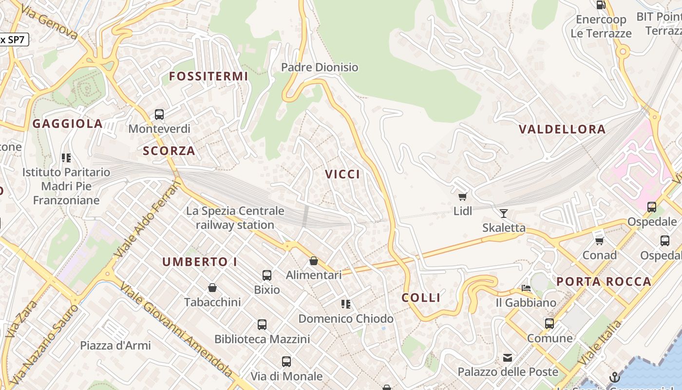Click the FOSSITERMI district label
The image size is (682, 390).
pos(208,76)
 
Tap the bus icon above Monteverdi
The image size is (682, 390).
pos(159,115)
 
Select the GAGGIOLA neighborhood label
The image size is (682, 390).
pos(68,124)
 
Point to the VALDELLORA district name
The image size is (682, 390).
pos(562,129)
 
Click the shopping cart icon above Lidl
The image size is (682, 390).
pos(462,196)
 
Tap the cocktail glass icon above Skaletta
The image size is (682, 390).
pos(504,213)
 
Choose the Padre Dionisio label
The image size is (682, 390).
pos(320,67)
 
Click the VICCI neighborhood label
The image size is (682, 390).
pos(343,174)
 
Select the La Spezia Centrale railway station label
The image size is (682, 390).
pos(235,218)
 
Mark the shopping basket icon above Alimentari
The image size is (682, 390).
pos(314,261)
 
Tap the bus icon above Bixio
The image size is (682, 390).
pos(267,275)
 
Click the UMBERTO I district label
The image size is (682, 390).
pos(200,262)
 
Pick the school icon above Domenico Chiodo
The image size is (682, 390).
pos(346,304)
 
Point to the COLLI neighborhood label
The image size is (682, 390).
pos(421,297)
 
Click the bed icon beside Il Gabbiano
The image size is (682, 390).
pos(526,288)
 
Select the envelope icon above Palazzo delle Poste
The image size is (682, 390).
pos(508,358)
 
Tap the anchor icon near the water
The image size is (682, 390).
pos(615,377)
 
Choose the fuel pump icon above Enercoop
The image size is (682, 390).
pos(601,5)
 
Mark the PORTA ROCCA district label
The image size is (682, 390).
pos(604,281)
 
